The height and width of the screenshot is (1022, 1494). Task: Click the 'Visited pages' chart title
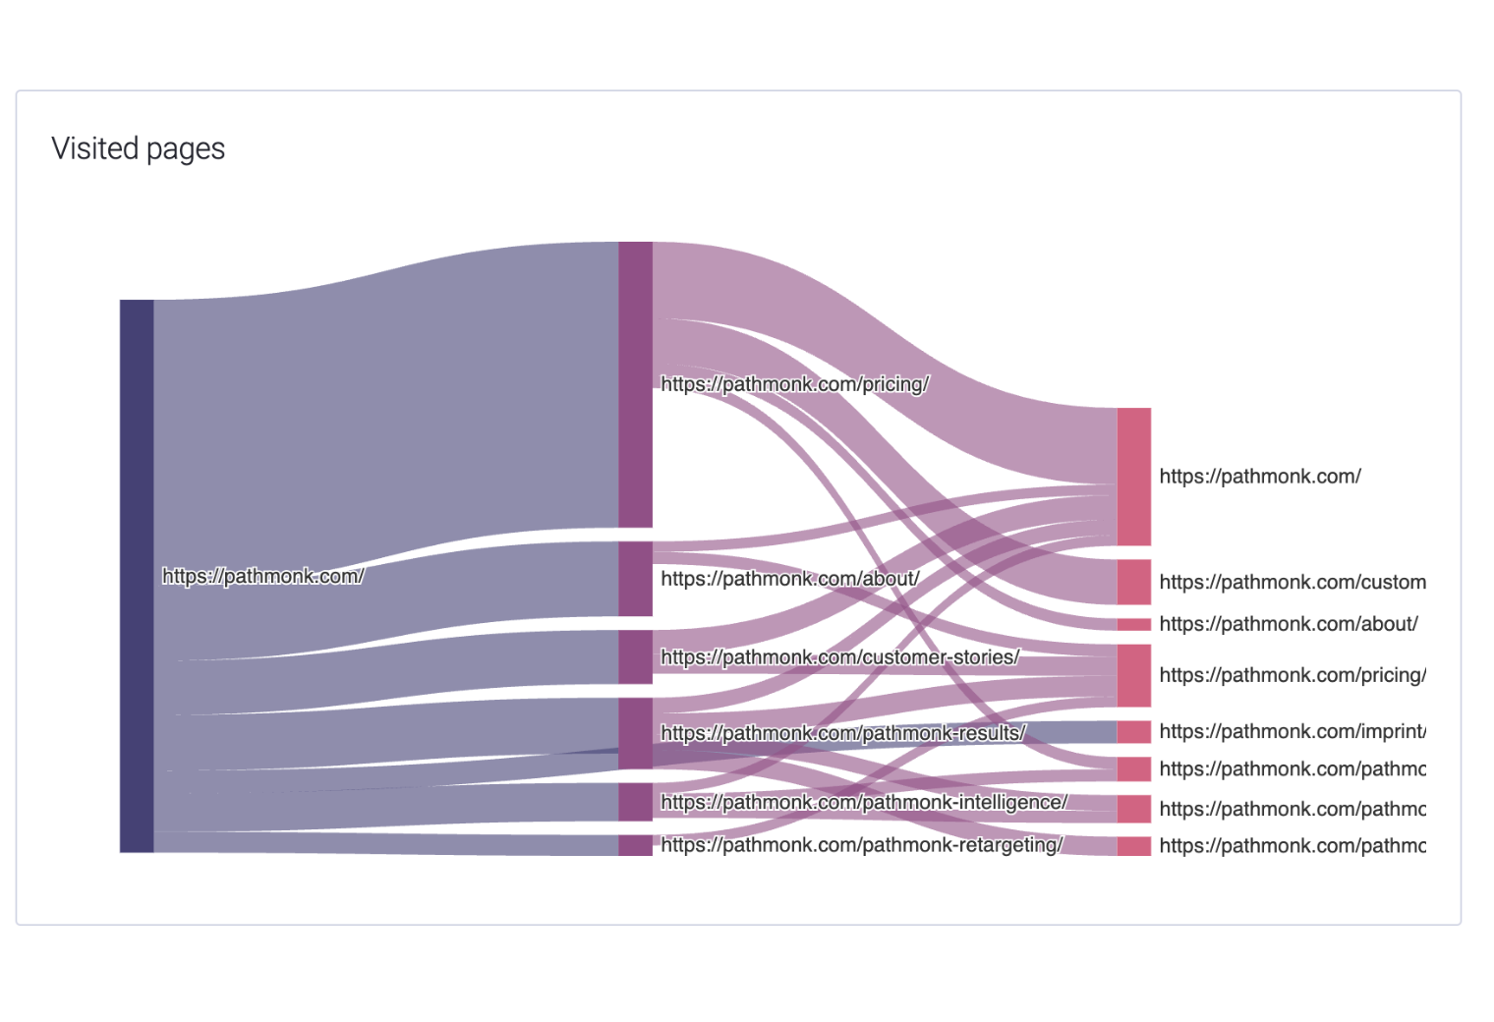click(139, 148)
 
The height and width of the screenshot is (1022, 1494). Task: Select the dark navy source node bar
click(137, 576)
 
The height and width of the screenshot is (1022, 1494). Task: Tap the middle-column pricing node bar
click(635, 384)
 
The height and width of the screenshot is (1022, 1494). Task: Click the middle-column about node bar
click(635, 579)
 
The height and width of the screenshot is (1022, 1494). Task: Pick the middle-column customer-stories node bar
click(635, 656)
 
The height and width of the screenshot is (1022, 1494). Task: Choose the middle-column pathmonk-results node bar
click(635, 733)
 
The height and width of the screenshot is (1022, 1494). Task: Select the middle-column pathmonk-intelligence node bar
click(635, 802)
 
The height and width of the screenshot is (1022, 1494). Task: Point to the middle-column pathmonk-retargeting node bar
click(635, 845)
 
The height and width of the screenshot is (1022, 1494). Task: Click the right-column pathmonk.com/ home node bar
click(1133, 477)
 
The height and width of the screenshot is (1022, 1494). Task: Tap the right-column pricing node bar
click(1133, 675)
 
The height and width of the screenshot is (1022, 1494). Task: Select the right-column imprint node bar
click(1133, 731)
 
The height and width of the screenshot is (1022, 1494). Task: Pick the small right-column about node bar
click(1133, 624)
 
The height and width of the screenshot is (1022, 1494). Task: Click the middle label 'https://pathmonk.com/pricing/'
click(794, 384)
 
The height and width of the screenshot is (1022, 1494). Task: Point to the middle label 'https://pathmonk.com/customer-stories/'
click(839, 656)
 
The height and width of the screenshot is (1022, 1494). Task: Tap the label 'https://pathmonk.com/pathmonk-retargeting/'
click(861, 845)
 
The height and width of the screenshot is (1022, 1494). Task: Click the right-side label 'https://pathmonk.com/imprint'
click(1292, 731)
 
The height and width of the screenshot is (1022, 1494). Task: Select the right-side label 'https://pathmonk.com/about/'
click(1288, 624)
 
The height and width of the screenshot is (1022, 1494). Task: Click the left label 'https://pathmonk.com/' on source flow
click(262, 576)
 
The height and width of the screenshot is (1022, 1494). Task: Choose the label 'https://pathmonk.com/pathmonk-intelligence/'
click(863, 802)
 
